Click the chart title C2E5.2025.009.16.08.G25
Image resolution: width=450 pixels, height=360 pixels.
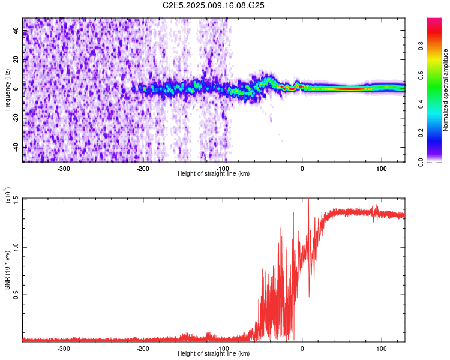(214, 5)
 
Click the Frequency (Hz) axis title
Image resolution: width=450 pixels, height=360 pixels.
(7, 90)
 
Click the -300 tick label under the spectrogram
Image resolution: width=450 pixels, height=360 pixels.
(64, 168)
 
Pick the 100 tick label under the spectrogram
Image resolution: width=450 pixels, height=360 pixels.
(381, 168)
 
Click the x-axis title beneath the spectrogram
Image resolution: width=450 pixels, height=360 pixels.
(214, 174)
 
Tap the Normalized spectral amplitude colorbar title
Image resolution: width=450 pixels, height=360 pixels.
(445, 90)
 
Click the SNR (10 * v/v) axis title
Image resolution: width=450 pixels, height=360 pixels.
(7, 269)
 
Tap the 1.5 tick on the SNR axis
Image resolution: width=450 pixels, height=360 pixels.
(16, 199)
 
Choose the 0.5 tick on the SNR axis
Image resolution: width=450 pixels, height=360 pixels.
(16, 294)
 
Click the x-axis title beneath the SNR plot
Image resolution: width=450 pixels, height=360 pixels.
(214, 354)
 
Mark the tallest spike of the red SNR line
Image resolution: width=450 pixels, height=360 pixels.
(308, 200)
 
